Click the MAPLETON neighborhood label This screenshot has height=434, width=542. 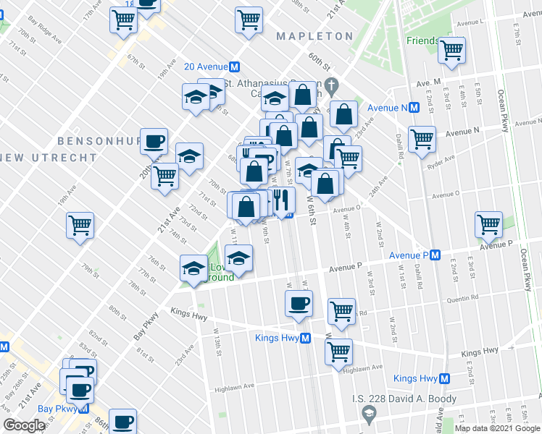tap(314, 36)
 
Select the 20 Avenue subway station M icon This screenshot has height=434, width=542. tap(235, 67)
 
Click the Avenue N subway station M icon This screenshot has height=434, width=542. tap(414, 108)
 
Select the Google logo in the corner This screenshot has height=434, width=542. tap(24, 425)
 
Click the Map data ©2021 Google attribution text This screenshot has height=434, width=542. tap(497, 428)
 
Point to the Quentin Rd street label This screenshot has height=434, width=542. tap(464, 297)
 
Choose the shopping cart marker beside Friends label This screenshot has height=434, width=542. tap(451, 51)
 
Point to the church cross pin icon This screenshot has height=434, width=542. tap(331, 85)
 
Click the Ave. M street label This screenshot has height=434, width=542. tap(430, 82)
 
